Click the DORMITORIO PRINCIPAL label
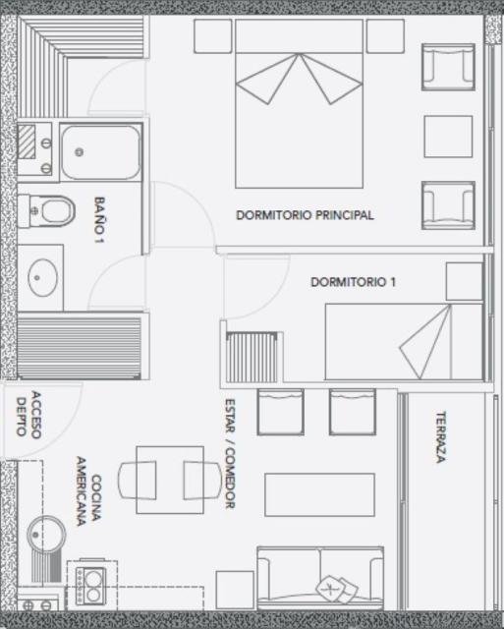[305, 215]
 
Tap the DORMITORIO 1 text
[354, 282]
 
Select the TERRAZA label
[441, 436]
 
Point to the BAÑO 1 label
[99, 219]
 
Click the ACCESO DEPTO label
[28, 415]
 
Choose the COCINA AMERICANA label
[88, 491]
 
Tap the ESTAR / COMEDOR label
[230, 454]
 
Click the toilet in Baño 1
[47, 210]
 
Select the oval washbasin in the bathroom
[42, 277]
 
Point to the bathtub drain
[80, 152]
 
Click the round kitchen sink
[46, 536]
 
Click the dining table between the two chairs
[170, 480]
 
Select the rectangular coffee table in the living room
[319, 494]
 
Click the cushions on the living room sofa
[337, 590]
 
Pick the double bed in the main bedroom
[299, 103]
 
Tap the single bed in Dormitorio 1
[404, 341]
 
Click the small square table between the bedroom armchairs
[448, 137]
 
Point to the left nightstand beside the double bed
[213, 36]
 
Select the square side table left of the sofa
[235, 590]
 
